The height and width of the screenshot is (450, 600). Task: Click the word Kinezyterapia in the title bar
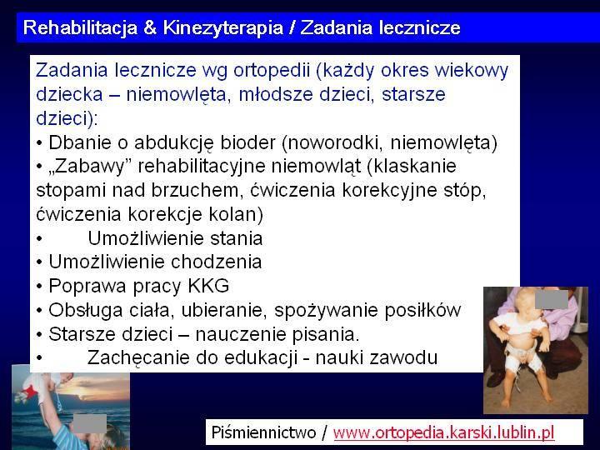point(223,28)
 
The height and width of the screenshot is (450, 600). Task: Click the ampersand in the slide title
point(150,27)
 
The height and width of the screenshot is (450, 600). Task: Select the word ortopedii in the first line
point(272,70)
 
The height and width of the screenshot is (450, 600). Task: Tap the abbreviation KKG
point(208,286)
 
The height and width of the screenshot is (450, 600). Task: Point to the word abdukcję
point(173,142)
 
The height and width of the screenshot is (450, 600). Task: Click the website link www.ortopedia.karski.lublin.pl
point(443,432)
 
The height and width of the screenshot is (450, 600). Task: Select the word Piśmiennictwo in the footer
point(263,432)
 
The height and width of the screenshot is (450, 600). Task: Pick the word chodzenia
point(216,262)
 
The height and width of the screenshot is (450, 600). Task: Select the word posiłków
point(422,310)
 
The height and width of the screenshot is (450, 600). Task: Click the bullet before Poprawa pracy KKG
point(39,286)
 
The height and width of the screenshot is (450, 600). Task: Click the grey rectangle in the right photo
point(552,299)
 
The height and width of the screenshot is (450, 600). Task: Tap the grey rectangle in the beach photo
point(90,423)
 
